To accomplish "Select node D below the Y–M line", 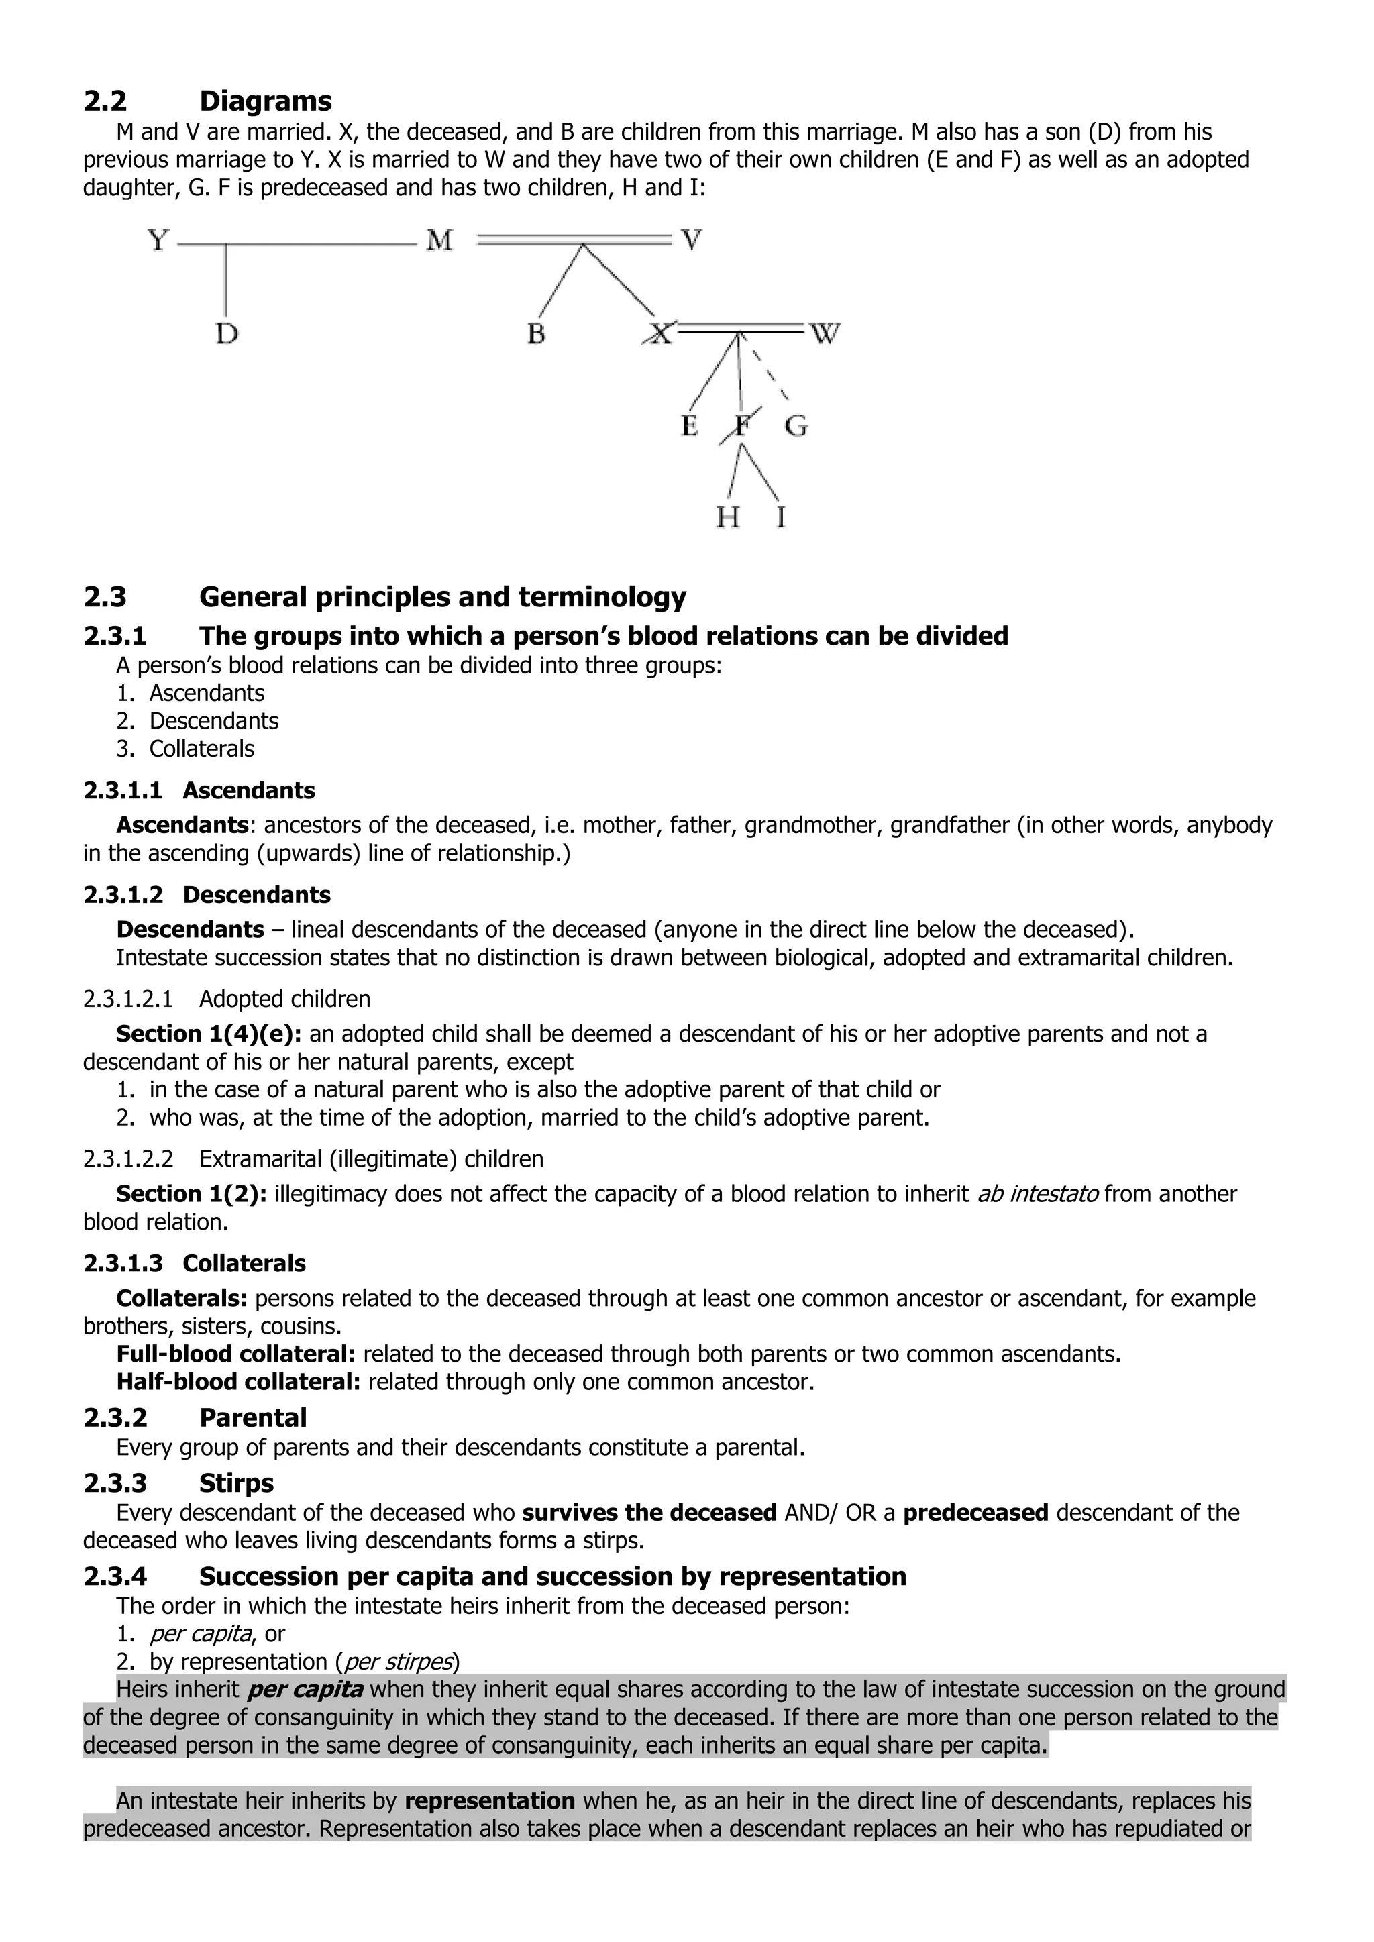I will [226, 334].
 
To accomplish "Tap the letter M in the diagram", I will [439, 241].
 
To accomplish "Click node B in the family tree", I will [535, 334].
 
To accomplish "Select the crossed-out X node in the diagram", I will [659, 334].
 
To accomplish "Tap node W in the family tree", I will [825, 334].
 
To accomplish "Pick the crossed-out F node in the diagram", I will [741, 425].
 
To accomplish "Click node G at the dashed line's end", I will [795, 425].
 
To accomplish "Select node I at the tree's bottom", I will [780, 517].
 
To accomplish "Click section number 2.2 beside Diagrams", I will [105, 101].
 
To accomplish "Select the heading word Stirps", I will [236, 1482].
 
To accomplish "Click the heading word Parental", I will [252, 1417].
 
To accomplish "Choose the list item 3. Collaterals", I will [185, 749].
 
